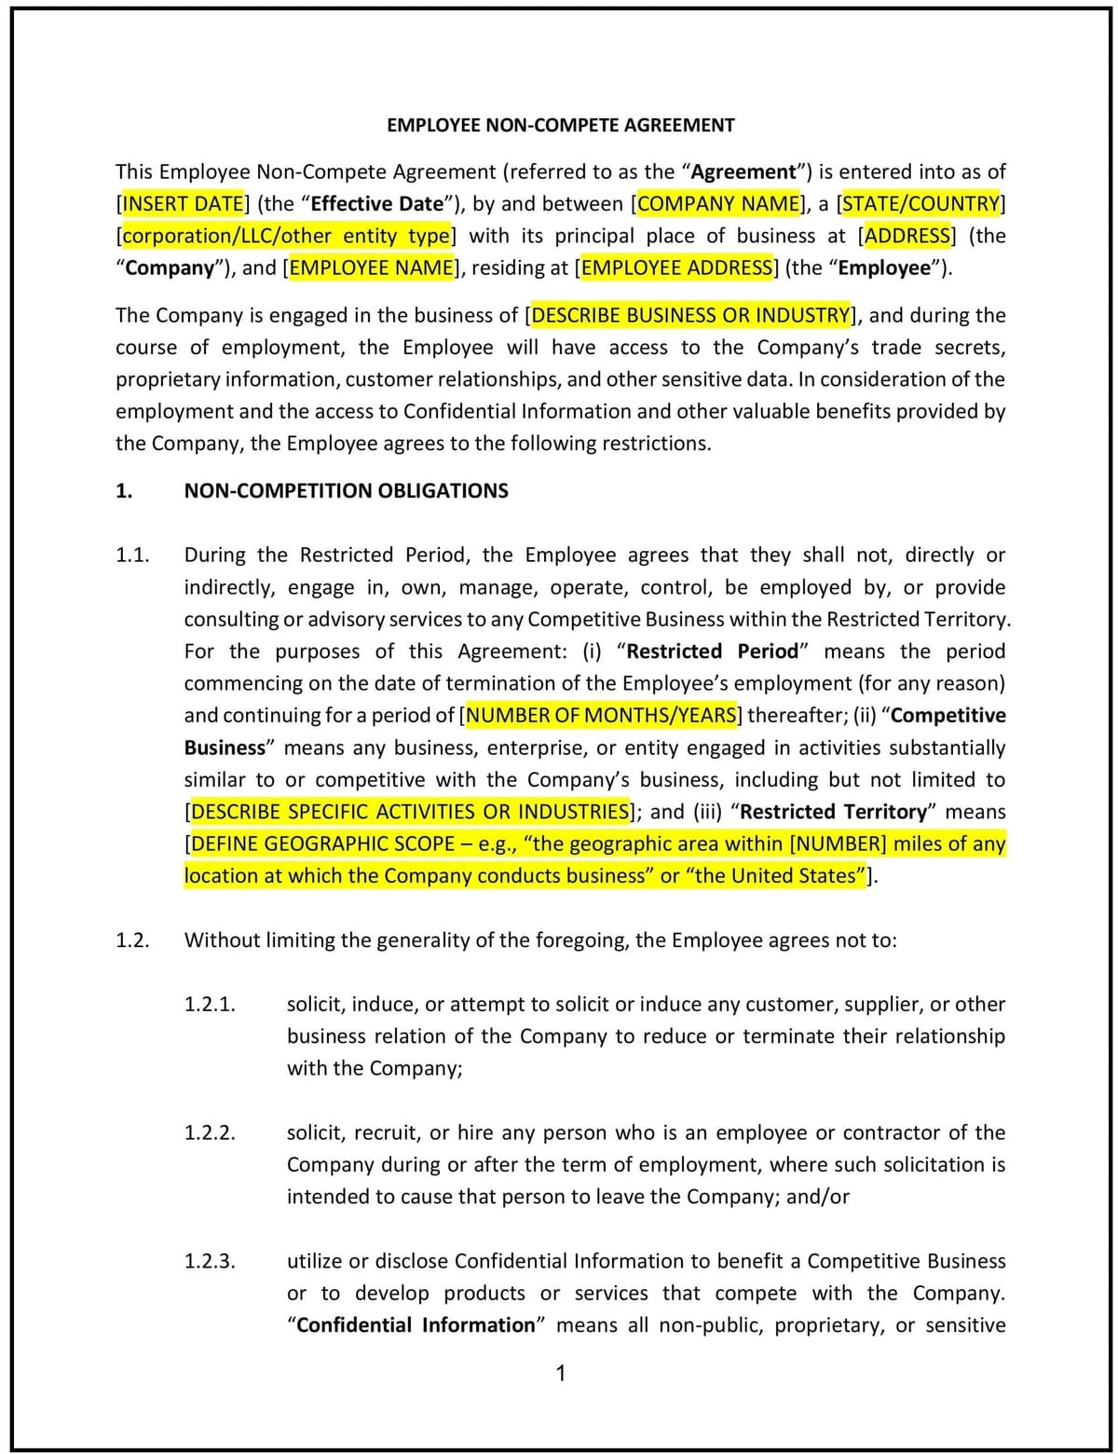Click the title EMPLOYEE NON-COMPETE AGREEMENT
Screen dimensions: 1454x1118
point(560,125)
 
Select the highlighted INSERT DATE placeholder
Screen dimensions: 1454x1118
point(183,204)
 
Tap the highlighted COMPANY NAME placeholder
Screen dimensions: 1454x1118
point(718,204)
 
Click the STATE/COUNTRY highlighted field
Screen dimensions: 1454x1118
point(920,204)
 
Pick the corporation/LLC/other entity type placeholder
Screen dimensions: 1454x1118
point(286,236)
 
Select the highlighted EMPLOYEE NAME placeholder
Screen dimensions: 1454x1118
point(371,268)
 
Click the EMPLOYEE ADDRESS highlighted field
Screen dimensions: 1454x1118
point(676,268)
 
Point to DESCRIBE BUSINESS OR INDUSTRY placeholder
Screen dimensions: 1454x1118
point(690,315)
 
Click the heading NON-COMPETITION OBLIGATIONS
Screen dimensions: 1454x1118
point(346,491)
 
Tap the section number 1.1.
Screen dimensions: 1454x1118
point(132,556)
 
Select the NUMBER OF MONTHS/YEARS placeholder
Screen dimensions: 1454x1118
point(601,716)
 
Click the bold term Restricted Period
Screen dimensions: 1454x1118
point(713,652)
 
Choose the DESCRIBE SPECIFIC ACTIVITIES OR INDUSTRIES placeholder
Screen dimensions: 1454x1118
point(410,812)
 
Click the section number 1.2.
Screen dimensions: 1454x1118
point(132,940)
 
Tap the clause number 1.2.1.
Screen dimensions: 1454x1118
point(210,1005)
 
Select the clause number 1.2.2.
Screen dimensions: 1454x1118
point(210,1133)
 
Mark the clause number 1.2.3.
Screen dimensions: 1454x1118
point(210,1262)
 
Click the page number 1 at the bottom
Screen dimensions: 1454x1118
point(560,1373)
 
